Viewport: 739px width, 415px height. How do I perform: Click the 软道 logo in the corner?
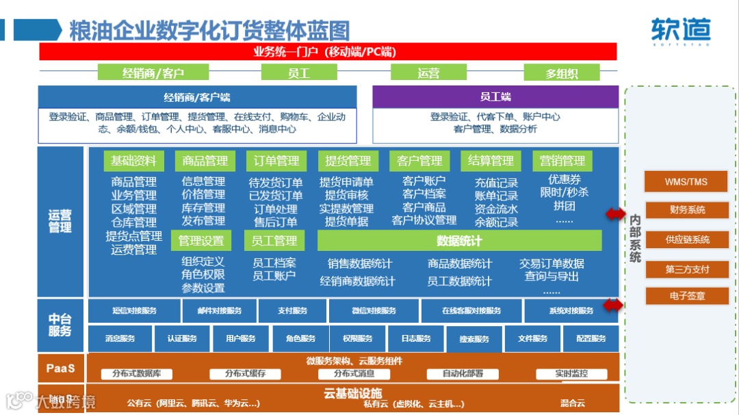coord(681,29)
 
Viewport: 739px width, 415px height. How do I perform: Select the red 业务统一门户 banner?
coord(328,52)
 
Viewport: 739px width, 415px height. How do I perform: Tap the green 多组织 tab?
coord(562,73)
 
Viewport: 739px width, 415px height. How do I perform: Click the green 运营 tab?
coord(428,73)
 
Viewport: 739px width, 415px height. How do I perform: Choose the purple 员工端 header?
coord(495,96)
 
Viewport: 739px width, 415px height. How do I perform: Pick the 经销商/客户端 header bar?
coord(197,97)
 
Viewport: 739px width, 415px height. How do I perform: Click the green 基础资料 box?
coord(133,161)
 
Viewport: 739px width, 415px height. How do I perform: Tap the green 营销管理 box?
coord(562,161)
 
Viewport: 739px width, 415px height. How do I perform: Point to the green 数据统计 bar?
coord(459,241)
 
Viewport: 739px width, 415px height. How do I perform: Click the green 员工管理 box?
coord(274,241)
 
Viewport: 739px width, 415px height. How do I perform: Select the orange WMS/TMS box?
coord(686,182)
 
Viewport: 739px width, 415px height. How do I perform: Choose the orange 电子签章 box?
coord(686,296)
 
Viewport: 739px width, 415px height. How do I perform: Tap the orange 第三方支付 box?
coord(686,269)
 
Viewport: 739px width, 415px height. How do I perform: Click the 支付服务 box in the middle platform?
coord(292,311)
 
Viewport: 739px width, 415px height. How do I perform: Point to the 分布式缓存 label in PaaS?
coord(246,374)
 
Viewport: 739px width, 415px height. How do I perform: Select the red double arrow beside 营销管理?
coord(615,215)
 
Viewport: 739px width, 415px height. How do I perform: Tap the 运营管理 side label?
coord(60,222)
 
